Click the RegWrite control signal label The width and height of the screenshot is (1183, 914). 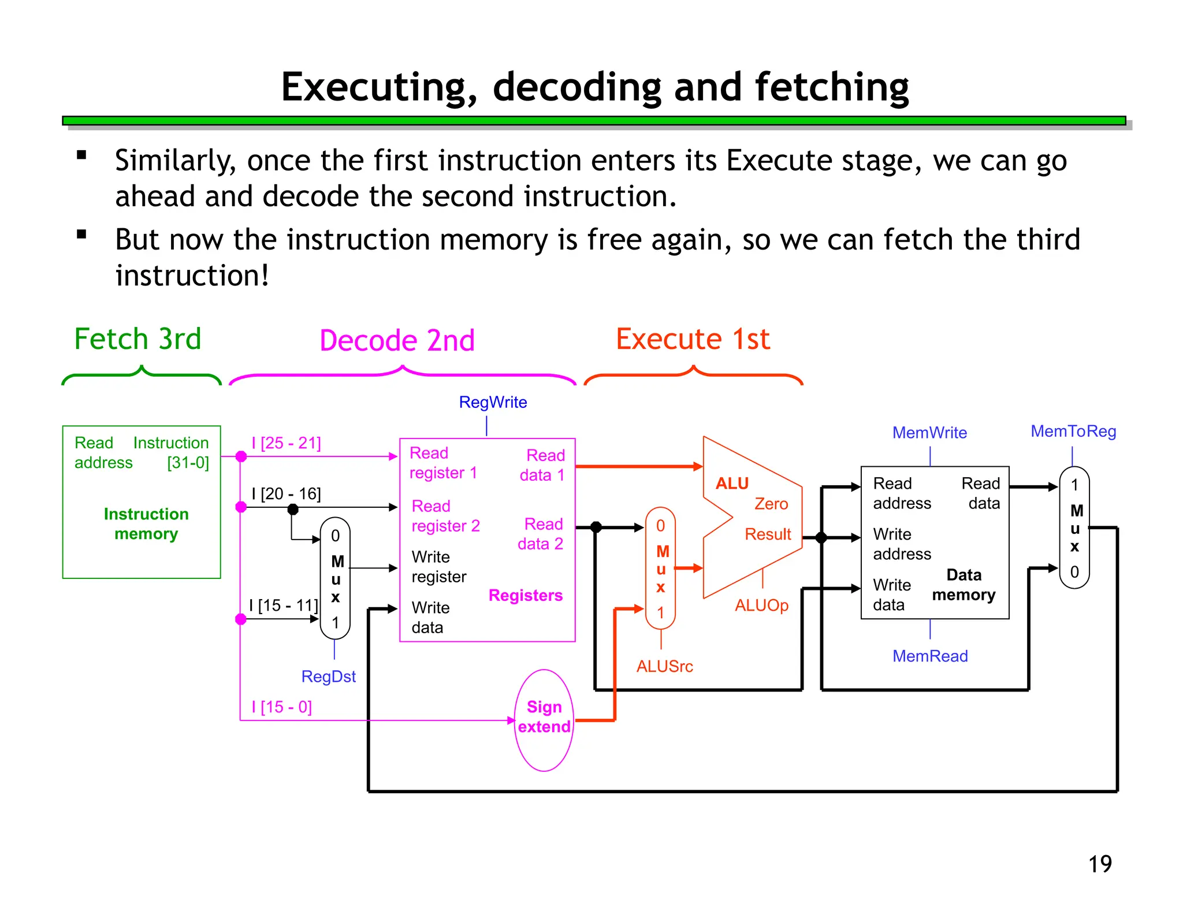pyautogui.click(x=493, y=402)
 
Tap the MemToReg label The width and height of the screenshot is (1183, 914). pyautogui.click(x=1073, y=431)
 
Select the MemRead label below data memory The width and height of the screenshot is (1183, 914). pyautogui.click(x=930, y=656)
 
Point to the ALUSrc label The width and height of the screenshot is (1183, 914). pyautogui.click(x=664, y=666)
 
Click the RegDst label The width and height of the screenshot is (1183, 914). pyautogui.click(x=328, y=677)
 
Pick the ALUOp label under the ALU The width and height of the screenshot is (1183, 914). pyautogui.click(x=761, y=605)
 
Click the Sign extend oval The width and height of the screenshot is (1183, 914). pyautogui.click(x=544, y=719)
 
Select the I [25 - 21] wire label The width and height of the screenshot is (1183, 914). pyautogui.click(x=286, y=443)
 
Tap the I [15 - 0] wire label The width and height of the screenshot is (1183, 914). pyautogui.click(x=281, y=707)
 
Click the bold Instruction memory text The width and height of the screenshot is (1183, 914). pyautogui.click(x=146, y=523)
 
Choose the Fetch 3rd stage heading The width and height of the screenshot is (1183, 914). pyautogui.click(x=137, y=339)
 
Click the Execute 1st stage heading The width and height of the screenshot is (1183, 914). pyautogui.click(x=693, y=339)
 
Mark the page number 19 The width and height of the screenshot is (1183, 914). pyautogui.click(x=1100, y=864)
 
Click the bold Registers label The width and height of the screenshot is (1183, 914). pyautogui.click(x=525, y=595)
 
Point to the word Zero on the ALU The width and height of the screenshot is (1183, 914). pyautogui.click(x=771, y=504)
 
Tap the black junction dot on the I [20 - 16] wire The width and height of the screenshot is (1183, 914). pyautogui.click(x=293, y=509)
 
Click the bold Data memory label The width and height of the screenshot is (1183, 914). pyautogui.click(x=963, y=585)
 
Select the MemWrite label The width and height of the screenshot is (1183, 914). pyautogui.click(x=929, y=432)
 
